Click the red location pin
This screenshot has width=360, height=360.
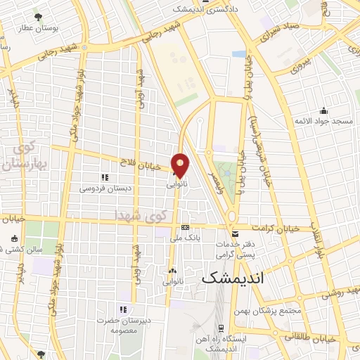tap(181, 165)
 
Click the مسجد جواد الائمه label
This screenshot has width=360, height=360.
tap(323, 122)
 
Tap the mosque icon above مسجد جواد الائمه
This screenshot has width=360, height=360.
tap(323, 110)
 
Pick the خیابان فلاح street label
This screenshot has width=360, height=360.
tap(147, 165)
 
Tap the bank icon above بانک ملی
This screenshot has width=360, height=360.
tap(185, 227)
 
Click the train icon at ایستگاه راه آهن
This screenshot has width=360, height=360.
tap(221, 328)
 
